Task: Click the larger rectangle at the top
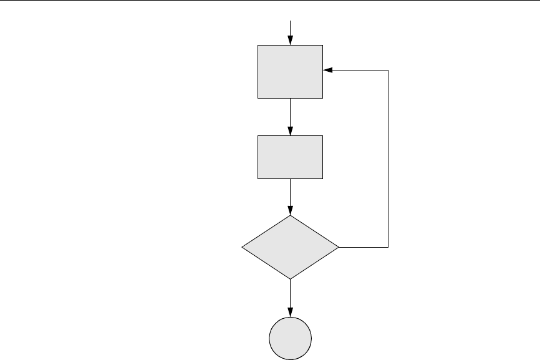click(291, 71)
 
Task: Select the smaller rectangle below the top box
click(291, 157)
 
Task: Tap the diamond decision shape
click(291, 247)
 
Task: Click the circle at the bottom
click(291, 338)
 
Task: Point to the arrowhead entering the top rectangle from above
click(291, 41)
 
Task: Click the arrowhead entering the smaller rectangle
click(291, 130)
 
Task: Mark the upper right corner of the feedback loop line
click(388, 71)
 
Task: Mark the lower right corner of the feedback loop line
click(388, 247)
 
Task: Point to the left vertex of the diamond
click(241, 247)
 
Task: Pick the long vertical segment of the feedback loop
click(388, 159)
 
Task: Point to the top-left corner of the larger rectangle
click(258, 45)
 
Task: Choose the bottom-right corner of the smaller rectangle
click(323, 179)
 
